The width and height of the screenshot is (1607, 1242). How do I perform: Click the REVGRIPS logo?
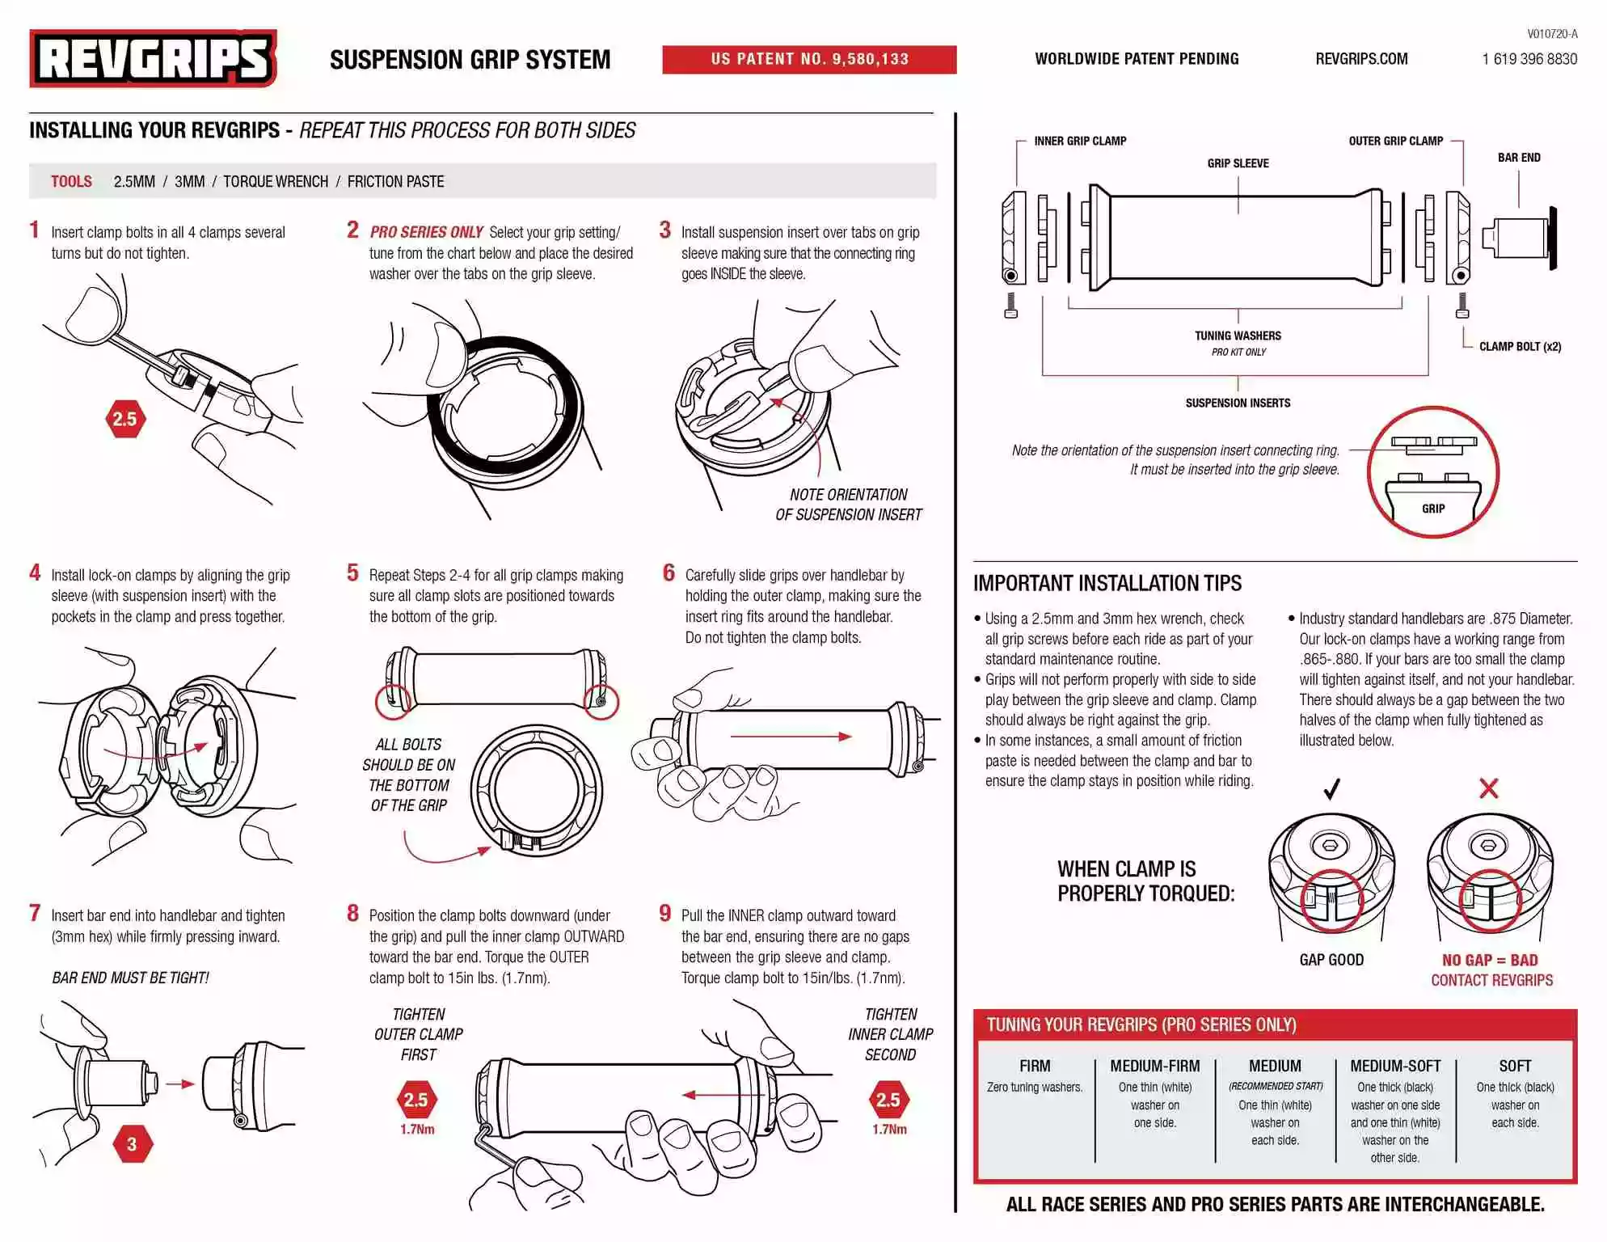click(x=153, y=58)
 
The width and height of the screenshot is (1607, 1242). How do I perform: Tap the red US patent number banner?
click(x=809, y=59)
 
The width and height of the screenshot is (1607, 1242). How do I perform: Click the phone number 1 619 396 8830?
click(x=1529, y=59)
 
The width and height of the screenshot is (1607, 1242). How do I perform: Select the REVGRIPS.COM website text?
click(x=1361, y=59)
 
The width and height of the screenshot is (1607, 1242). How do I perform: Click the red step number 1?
click(x=35, y=230)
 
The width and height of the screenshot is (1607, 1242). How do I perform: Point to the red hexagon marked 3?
click(x=132, y=1144)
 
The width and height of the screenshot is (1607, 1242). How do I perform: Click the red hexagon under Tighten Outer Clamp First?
click(x=416, y=1100)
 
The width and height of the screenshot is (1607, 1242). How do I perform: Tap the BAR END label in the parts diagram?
click(x=1519, y=158)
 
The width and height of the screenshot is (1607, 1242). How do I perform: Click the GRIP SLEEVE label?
click(x=1238, y=163)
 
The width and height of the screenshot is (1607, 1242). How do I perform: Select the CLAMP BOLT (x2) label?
click(x=1520, y=347)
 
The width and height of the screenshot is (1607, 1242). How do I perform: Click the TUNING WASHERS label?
click(x=1238, y=336)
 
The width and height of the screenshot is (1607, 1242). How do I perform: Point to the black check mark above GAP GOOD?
click(x=1331, y=788)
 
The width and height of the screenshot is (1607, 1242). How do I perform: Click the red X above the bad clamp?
click(x=1488, y=788)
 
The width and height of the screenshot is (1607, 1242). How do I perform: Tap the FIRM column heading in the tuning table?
click(x=1035, y=1067)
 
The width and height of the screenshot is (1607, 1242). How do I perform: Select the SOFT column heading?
click(x=1515, y=1067)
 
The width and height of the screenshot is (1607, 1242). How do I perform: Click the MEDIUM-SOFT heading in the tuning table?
click(x=1395, y=1067)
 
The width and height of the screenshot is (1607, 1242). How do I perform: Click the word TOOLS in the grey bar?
click(x=71, y=182)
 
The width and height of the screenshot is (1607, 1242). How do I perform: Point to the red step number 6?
click(x=669, y=573)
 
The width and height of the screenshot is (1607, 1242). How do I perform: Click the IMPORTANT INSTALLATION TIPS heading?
click(x=1107, y=584)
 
